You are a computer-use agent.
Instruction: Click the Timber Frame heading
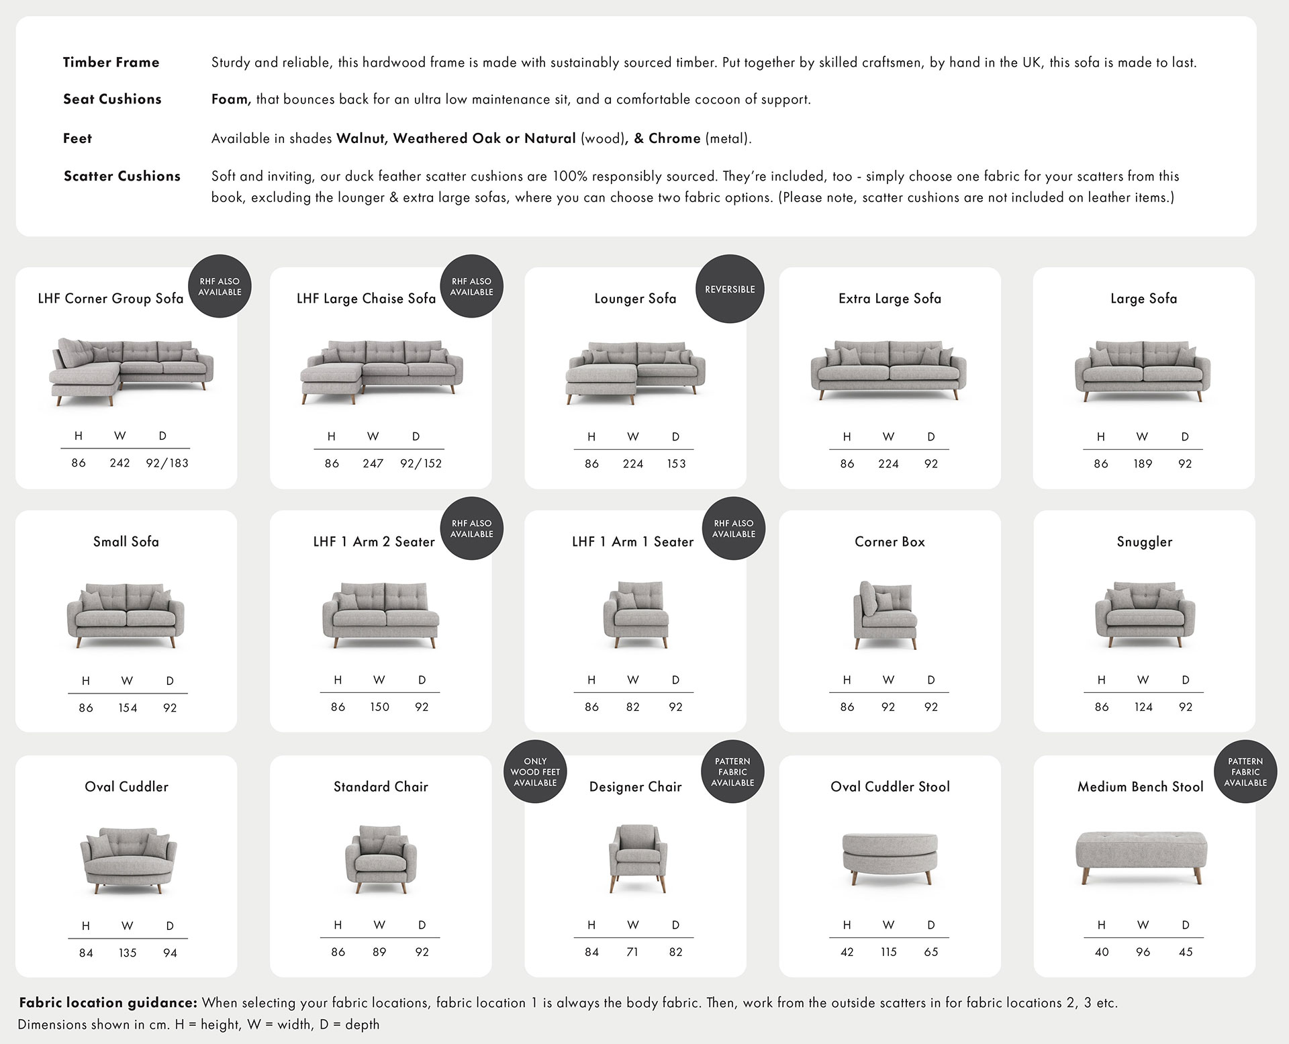[111, 62]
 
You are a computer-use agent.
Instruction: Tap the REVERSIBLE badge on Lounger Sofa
[730, 289]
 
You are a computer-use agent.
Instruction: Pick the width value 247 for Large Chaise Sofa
[373, 463]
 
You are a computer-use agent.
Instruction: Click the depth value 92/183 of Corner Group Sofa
[167, 463]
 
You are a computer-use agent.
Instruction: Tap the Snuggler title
[1145, 542]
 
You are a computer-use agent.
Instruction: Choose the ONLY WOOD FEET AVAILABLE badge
[535, 772]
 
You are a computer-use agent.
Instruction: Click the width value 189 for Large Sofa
[1143, 463]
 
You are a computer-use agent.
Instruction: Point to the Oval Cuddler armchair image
[128, 861]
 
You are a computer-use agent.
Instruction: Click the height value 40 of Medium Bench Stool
[1102, 952]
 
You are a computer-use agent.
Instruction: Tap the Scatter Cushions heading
[122, 176]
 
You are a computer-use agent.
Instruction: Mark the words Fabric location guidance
[108, 1002]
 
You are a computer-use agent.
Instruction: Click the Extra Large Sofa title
[890, 299]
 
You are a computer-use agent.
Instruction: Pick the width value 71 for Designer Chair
[632, 952]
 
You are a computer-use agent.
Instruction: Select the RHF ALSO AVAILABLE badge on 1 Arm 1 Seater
[734, 528]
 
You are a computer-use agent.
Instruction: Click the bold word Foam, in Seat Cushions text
[231, 99]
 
